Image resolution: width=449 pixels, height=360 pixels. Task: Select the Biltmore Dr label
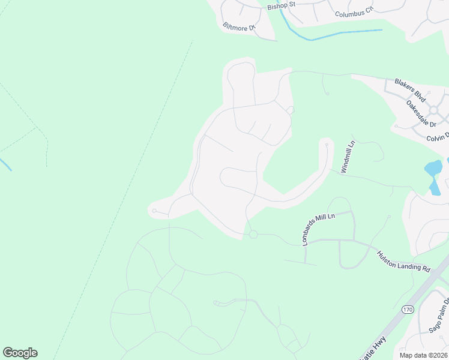click(x=240, y=28)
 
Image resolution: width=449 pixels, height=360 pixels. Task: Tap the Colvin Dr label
click(x=437, y=137)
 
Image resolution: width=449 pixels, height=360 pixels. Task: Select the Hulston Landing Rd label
click(x=404, y=262)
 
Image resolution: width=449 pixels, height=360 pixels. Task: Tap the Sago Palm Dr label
click(x=439, y=316)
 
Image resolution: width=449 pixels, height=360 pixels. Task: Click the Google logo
click(x=20, y=353)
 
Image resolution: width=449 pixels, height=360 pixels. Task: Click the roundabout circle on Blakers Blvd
click(x=433, y=110)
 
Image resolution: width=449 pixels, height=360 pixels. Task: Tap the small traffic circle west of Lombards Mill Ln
click(x=253, y=234)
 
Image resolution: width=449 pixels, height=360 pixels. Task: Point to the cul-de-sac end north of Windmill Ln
click(x=327, y=145)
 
